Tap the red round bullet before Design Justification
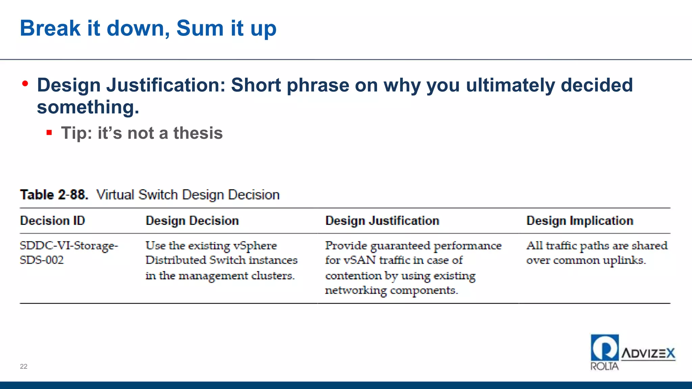(x=25, y=83)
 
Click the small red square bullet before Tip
(x=49, y=133)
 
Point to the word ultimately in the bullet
(x=510, y=85)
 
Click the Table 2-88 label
(x=54, y=195)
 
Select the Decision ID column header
(x=52, y=221)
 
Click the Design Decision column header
(x=192, y=221)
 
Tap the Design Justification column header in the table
(x=382, y=221)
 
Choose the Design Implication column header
(x=579, y=221)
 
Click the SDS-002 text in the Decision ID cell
(x=42, y=260)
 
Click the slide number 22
(x=24, y=366)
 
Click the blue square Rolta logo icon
(x=604, y=347)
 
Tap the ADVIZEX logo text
(x=648, y=354)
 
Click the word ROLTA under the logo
(x=604, y=366)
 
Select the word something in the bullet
(x=88, y=107)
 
